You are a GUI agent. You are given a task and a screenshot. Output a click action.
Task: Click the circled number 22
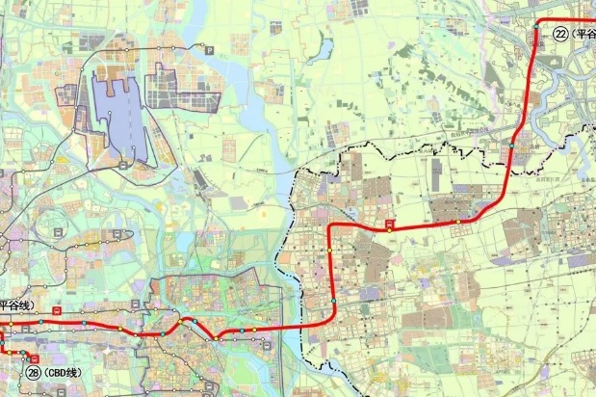pos(560,33)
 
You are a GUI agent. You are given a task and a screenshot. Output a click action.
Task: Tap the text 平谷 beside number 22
pos(583,33)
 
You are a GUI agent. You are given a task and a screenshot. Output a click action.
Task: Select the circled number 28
pos(34,373)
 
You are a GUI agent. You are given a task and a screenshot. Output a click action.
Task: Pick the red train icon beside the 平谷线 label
pos(58,311)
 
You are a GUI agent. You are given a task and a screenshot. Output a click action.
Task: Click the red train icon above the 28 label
pos(35,358)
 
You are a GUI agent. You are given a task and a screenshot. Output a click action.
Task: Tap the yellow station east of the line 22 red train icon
pos(459,223)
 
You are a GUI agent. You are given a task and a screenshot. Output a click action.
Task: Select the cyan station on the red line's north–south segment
pos(333,302)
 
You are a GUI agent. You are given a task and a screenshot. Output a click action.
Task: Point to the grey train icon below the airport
pos(125,166)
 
